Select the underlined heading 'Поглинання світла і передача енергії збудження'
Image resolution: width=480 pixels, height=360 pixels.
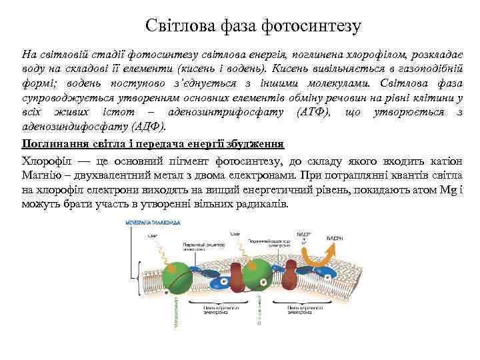(x=153, y=143)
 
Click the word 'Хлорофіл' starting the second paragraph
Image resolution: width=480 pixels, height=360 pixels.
(x=45, y=161)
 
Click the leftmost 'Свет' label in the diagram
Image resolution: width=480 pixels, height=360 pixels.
(x=151, y=236)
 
